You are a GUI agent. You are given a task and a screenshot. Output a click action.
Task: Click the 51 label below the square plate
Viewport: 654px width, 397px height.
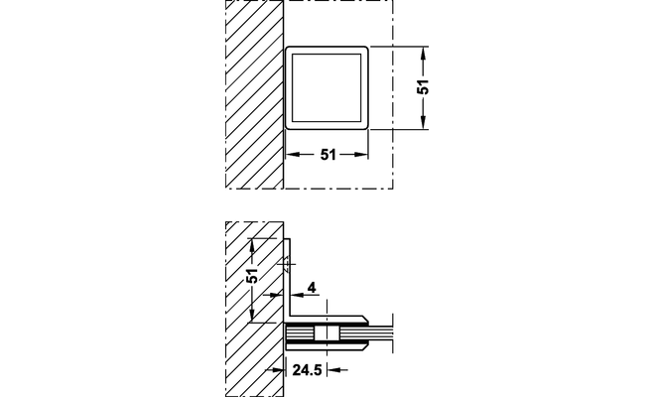click(327, 155)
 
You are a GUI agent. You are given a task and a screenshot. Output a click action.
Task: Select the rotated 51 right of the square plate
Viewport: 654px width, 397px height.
click(424, 86)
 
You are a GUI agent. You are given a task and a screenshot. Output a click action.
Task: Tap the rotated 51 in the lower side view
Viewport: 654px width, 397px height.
click(252, 276)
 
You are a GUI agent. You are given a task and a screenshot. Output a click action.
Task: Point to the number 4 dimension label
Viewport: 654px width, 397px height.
click(312, 287)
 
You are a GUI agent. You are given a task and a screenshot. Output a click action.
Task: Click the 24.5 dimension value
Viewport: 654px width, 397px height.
click(308, 370)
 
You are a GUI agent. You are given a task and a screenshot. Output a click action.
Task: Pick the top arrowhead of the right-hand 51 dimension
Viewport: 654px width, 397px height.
click(424, 53)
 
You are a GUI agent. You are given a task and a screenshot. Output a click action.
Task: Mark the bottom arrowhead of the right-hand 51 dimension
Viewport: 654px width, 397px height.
click(424, 123)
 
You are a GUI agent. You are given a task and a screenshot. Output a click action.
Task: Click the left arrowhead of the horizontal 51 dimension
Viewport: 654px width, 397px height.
click(293, 155)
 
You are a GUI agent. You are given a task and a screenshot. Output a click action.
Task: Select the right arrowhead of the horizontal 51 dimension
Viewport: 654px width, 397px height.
click(361, 155)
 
